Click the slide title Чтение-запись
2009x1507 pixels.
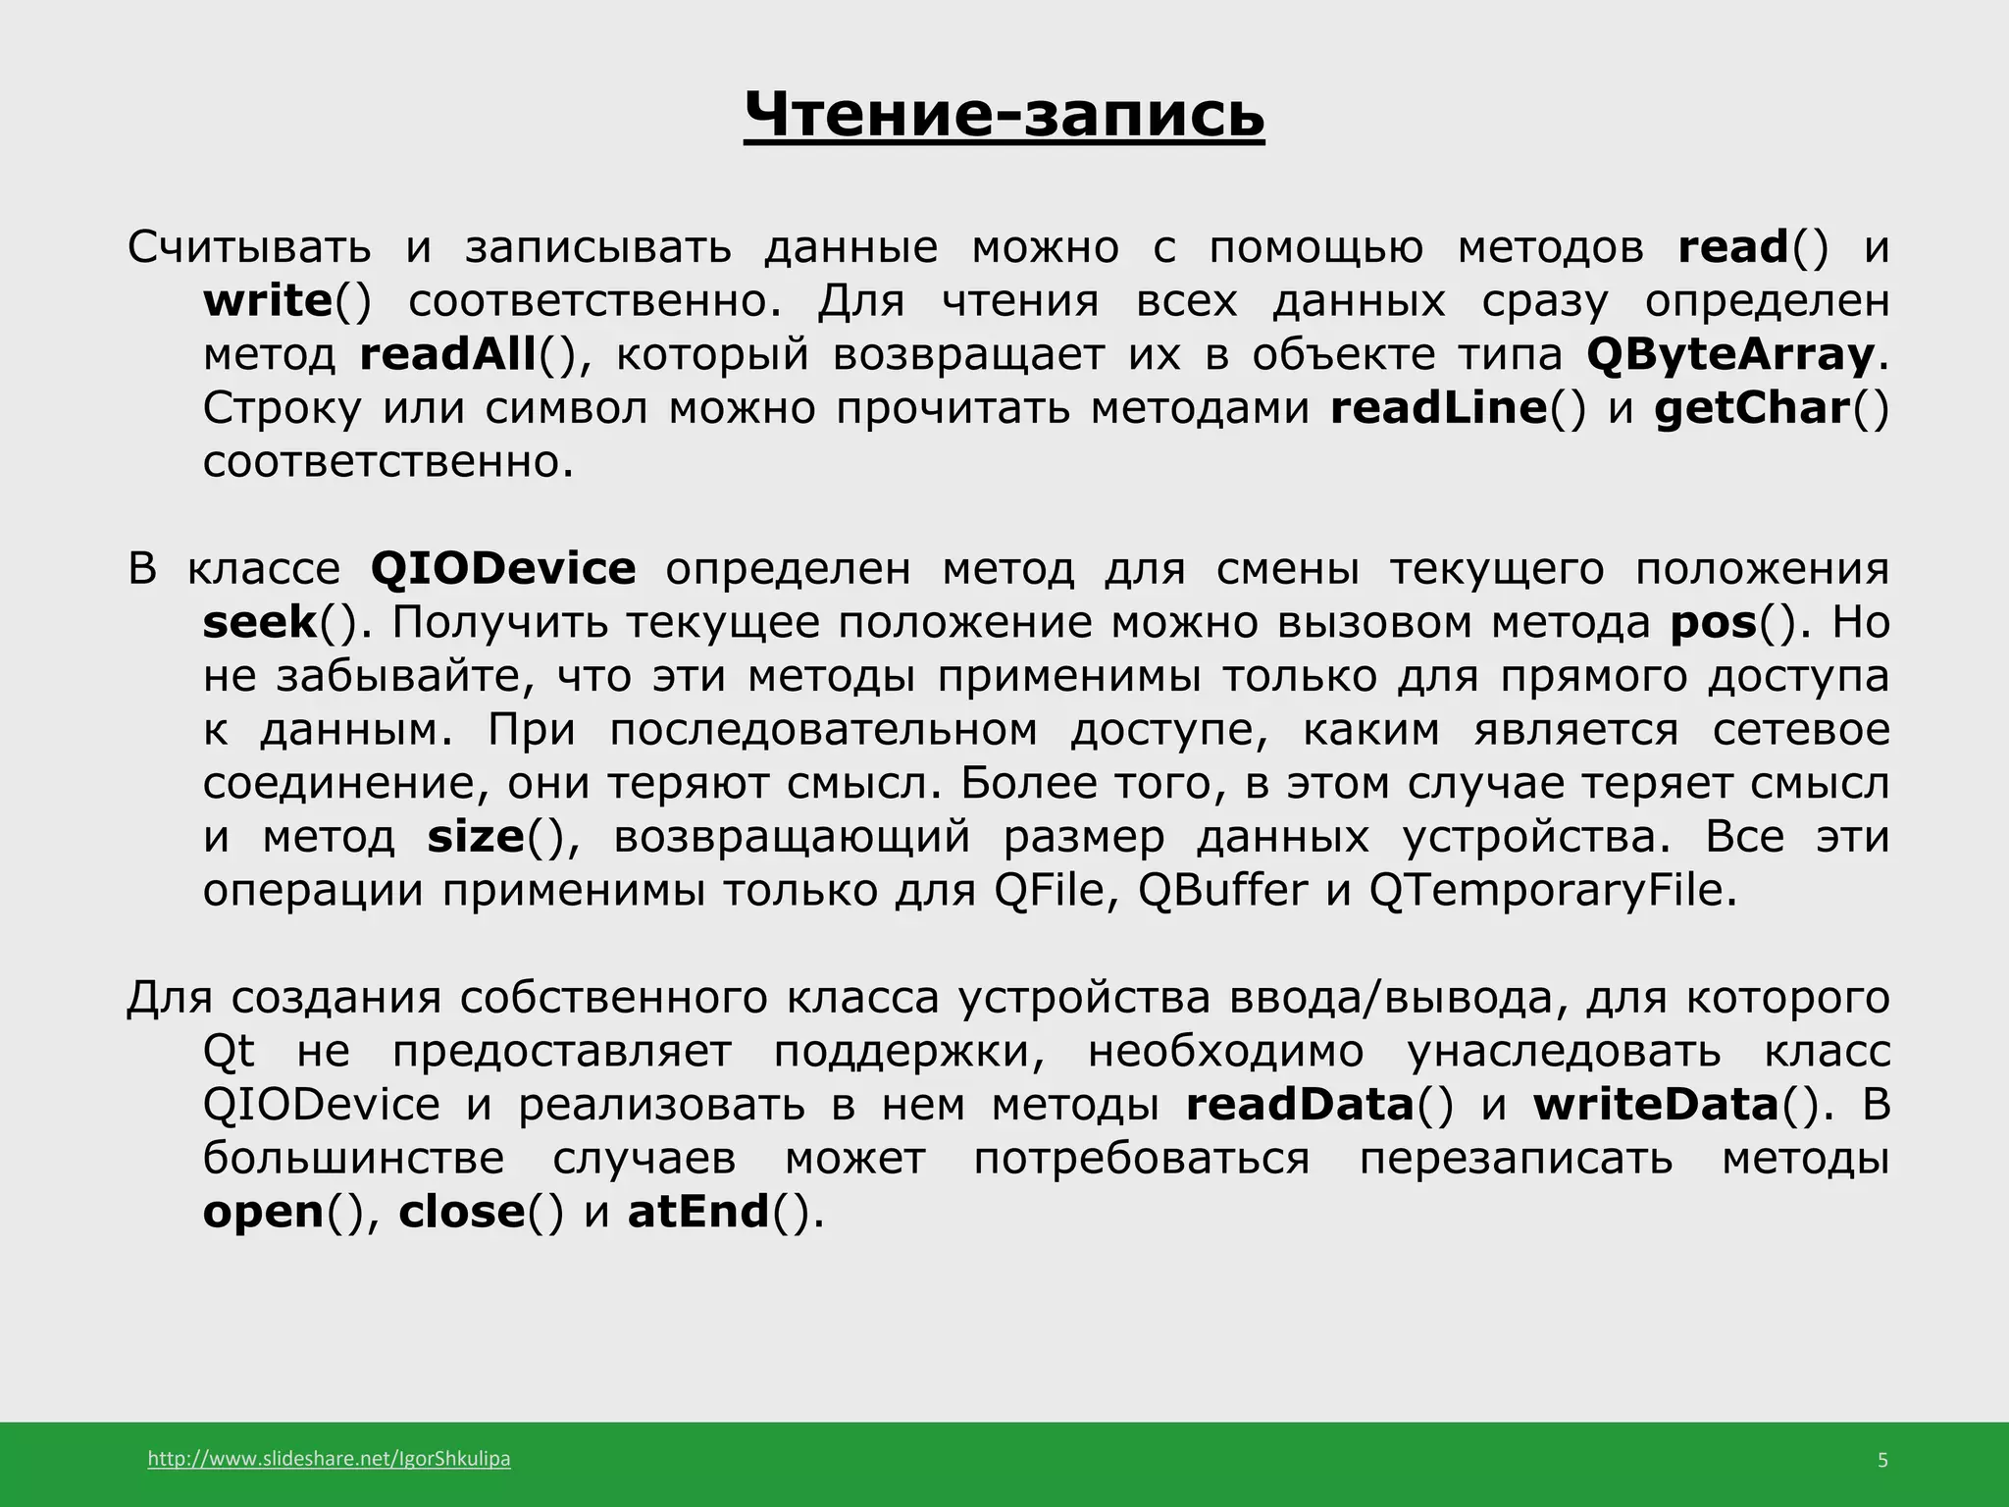tap(1004, 115)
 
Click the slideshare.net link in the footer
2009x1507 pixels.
tap(329, 1459)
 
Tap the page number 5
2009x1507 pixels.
tap(1881, 1461)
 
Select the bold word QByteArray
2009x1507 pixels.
tap(1730, 354)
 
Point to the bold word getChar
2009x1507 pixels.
tap(1752, 408)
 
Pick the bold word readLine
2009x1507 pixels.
tap(1438, 408)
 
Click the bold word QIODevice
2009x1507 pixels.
tap(503, 569)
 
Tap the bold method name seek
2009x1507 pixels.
tap(260, 623)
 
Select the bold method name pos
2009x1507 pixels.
tap(1713, 623)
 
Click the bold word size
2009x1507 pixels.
tap(476, 837)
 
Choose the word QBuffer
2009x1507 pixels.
tap(1222, 891)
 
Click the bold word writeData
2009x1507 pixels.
tap(1656, 1105)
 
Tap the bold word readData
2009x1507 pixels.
tap(1299, 1105)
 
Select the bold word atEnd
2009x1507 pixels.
tap(698, 1212)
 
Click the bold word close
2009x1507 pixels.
tap(462, 1212)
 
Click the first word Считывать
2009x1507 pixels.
tap(249, 247)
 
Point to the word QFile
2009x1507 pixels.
tap(1054, 891)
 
